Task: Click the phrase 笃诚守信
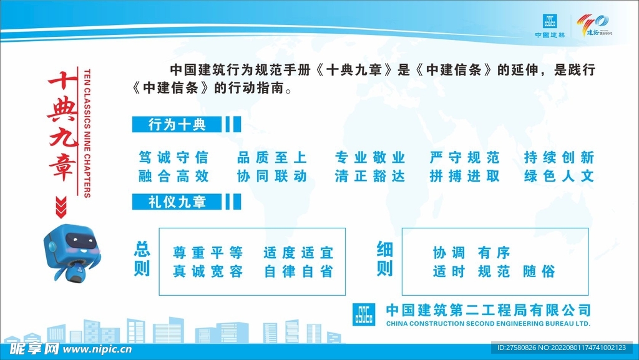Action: [173, 157]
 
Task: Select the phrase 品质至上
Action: [272, 157]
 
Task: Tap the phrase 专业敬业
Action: [370, 157]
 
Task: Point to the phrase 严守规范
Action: [465, 157]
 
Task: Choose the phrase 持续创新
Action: [560, 157]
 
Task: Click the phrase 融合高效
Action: [173, 177]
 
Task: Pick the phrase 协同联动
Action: [272, 177]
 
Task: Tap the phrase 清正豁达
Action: [370, 177]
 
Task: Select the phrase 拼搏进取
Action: [465, 177]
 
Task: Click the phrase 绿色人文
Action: [560, 177]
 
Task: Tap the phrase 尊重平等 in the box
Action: [208, 253]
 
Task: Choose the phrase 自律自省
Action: [298, 272]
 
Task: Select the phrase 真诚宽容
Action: [208, 272]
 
